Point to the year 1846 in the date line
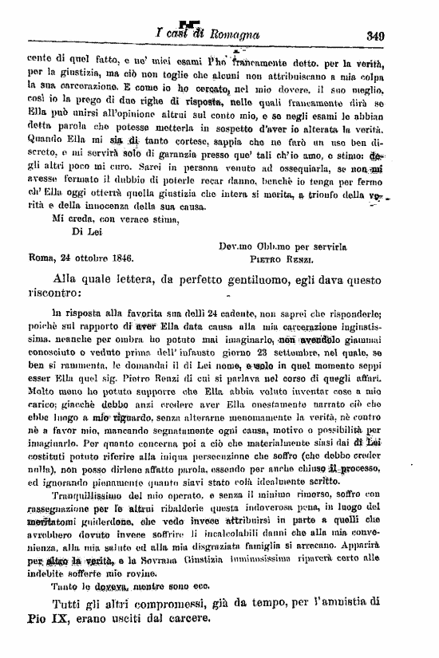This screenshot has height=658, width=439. [x=118, y=259]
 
